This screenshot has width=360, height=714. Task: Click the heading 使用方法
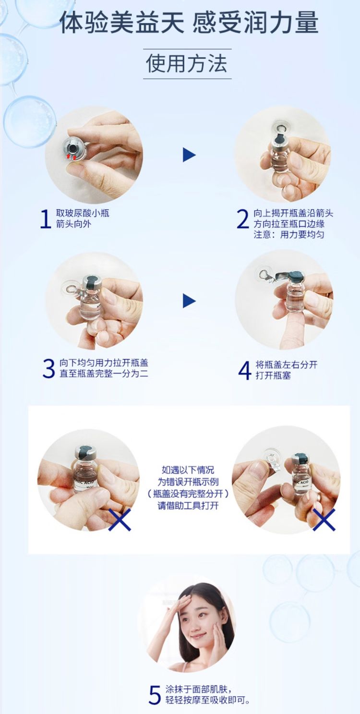(187, 63)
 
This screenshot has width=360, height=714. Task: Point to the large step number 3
(49, 368)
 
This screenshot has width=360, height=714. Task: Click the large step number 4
(245, 370)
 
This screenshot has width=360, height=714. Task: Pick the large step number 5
(155, 695)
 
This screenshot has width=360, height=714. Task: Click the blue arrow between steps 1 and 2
(189, 155)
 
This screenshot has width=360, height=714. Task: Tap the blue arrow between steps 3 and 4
(189, 301)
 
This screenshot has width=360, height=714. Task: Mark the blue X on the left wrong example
(120, 520)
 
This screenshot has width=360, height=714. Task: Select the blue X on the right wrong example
(324, 520)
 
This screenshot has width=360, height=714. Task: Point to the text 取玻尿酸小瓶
(83, 213)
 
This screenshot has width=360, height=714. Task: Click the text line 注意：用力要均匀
(289, 235)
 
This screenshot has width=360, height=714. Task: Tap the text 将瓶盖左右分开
(287, 365)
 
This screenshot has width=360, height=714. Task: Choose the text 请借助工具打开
(188, 506)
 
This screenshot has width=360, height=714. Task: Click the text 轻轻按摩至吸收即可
(207, 700)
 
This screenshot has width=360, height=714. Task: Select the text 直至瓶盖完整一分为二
(104, 374)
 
